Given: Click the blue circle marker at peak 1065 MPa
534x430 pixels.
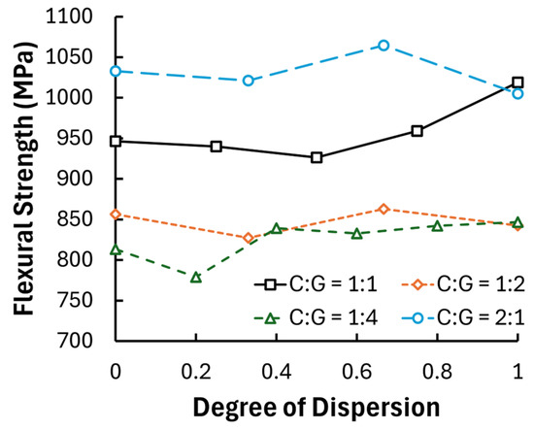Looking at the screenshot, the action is pyautogui.click(x=384, y=46).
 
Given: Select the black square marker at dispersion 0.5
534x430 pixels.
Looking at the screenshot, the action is pyautogui.click(x=317, y=157).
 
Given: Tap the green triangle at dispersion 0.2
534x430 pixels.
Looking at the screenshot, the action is pyautogui.click(x=196, y=278).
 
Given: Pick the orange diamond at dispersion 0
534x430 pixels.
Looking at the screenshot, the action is pyautogui.click(x=116, y=215).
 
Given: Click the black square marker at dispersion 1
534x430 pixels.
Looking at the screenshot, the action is pyautogui.click(x=517, y=83).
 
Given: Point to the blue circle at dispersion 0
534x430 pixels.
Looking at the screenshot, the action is pyautogui.click(x=116, y=71).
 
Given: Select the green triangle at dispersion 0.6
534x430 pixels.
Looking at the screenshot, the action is pyautogui.click(x=357, y=234).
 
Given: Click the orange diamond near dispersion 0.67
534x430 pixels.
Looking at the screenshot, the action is pyautogui.click(x=384, y=209).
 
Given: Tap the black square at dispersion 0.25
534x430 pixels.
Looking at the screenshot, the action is pyautogui.click(x=217, y=147).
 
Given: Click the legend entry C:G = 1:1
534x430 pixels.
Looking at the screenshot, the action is pyautogui.click(x=317, y=284).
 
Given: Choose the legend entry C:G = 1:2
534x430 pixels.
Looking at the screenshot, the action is pyautogui.click(x=463, y=284).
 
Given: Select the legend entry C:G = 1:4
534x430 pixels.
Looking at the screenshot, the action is pyautogui.click(x=317, y=318).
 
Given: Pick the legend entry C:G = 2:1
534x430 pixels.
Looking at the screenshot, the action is pyautogui.click(x=463, y=318).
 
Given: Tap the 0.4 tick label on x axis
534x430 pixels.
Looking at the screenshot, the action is pyautogui.click(x=277, y=372).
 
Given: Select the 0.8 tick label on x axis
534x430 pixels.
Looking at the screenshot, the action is pyautogui.click(x=437, y=372).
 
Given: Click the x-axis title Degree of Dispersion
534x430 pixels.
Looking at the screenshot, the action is pyautogui.click(x=317, y=408).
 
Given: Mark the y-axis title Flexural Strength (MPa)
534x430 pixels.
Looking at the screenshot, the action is pyautogui.click(x=24, y=179).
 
